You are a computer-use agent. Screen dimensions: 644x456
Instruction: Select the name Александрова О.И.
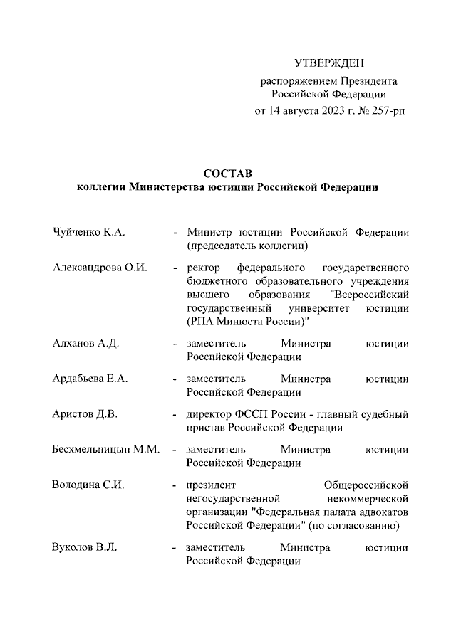[x=100, y=268]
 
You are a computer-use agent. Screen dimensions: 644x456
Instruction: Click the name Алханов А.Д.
[x=85, y=344]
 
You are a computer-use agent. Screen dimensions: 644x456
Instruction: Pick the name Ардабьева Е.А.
[x=90, y=379]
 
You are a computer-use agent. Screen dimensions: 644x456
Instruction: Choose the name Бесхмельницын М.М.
[x=105, y=450]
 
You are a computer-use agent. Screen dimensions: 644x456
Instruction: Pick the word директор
[x=208, y=414]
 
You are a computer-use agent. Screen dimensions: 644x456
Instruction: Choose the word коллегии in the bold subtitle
[x=100, y=187]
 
